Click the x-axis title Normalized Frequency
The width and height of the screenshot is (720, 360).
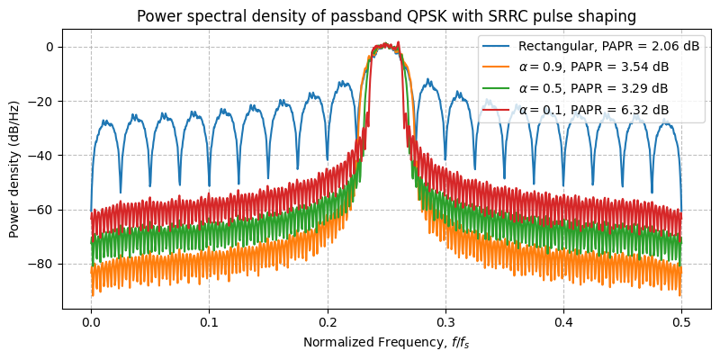385,342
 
